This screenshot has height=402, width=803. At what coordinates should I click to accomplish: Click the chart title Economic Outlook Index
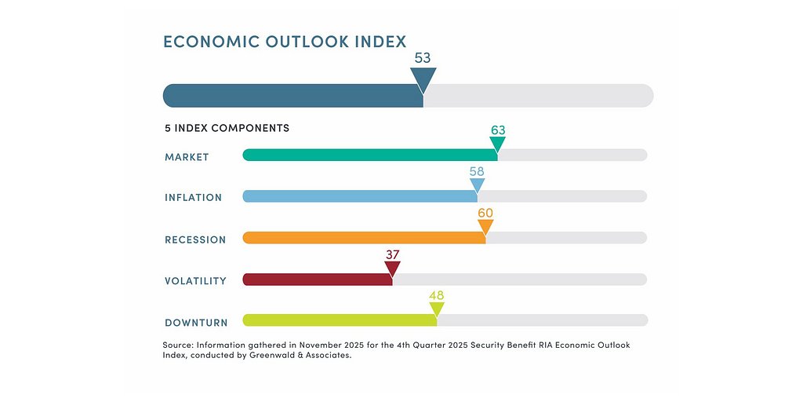[285, 42]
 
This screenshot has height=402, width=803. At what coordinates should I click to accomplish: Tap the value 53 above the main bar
[423, 58]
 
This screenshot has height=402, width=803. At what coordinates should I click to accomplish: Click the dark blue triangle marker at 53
[423, 79]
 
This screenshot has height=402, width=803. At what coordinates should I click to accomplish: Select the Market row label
[187, 157]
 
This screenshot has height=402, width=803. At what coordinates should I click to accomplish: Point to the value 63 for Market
[497, 130]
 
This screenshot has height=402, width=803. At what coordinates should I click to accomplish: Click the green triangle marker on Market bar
[497, 144]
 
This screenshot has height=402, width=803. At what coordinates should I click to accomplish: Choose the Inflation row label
[193, 198]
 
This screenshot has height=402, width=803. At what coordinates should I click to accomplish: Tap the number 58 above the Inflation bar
[477, 171]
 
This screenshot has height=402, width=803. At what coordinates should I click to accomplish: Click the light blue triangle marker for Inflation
[477, 186]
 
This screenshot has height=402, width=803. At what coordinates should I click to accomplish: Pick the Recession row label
[195, 239]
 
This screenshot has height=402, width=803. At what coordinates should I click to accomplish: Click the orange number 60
[485, 213]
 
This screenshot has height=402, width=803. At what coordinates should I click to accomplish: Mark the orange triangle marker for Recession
[485, 228]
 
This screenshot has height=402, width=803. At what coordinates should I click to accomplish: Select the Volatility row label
[195, 281]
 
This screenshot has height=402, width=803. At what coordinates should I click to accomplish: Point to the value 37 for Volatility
[393, 254]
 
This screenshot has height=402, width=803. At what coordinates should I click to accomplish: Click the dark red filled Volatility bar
[318, 280]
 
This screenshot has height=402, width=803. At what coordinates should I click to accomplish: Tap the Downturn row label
[196, 323]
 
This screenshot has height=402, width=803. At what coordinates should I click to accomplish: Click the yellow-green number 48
[437, 295]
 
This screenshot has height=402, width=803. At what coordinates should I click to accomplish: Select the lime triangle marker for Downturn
[437, 310]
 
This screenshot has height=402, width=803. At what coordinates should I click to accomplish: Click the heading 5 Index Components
[227, 128]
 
